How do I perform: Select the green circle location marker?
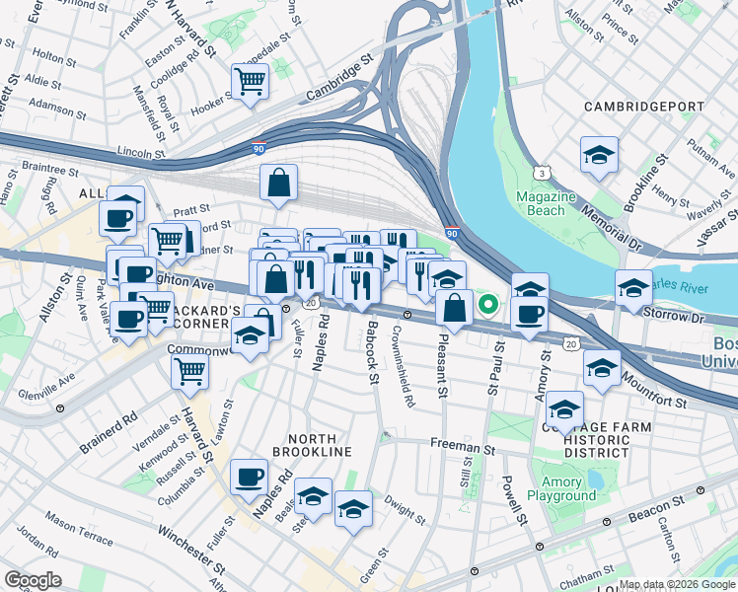[x=487, y=305]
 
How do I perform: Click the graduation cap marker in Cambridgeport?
[x=599, y=155]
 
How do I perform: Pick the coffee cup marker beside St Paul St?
[x=530, y=315]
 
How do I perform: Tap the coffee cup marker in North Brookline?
[x=249, y=479]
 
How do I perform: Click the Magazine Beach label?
[x=546, y=203]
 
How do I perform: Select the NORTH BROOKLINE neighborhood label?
[x=319, y=445]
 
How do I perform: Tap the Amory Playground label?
[x=561, y=489]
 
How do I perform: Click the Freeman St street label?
[x=462, y=446]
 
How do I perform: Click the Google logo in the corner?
[x=33, y=580]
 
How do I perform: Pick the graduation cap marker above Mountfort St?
[x=601, y=367]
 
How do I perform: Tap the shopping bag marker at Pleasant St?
[x=454, y=309]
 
